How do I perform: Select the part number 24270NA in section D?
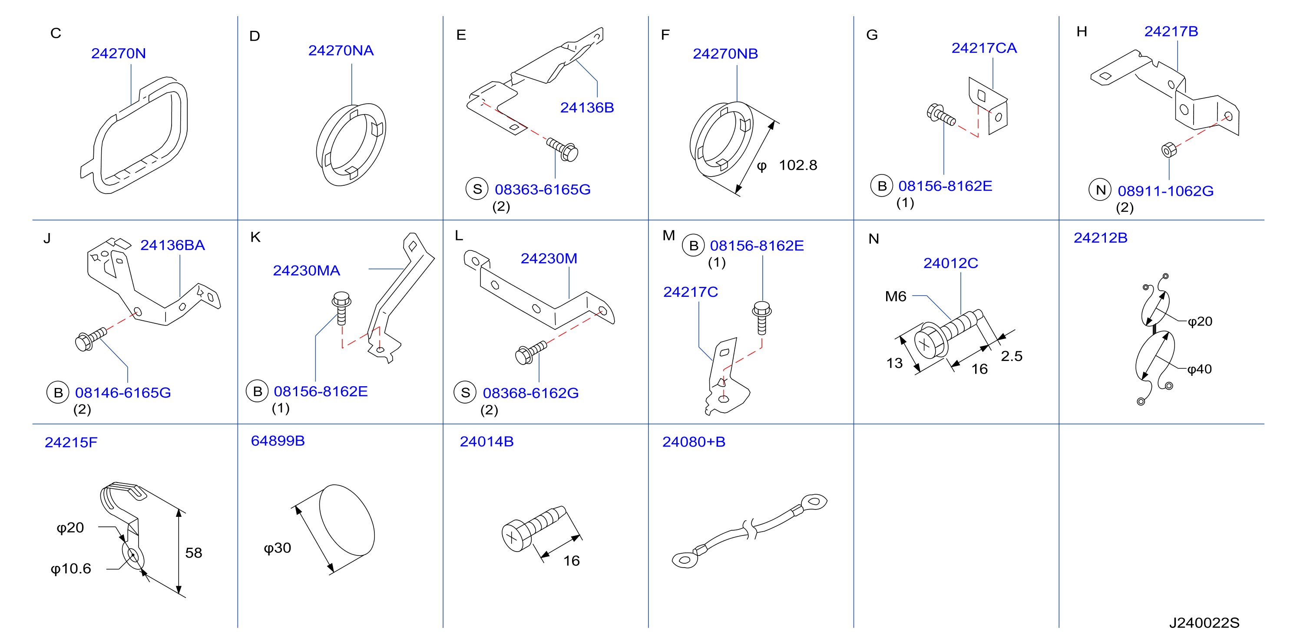[x=341, y=50]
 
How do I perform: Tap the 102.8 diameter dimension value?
[x=798, y=165]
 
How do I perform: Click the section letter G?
[x=872, y=35]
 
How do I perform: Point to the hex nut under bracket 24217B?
[x=1168, y=149]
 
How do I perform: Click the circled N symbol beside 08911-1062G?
[x=1100, y=190]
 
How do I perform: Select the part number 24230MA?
[x=306, y=271]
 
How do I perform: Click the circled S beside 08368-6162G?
[x=465, y=392]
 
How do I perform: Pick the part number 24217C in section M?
[x=690, y=292]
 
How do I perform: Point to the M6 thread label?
[x=895, y=296]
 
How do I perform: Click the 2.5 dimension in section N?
[x=1012, y=356]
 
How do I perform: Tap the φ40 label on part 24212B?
[x=1199, y=369]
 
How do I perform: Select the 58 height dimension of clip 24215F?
[x=193, y=553]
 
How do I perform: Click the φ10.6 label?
[x=71, y=568]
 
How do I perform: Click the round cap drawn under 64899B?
[x=347, y=520]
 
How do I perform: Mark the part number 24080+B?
[x=694, y=442]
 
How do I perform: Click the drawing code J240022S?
[x=1204, y=623]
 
